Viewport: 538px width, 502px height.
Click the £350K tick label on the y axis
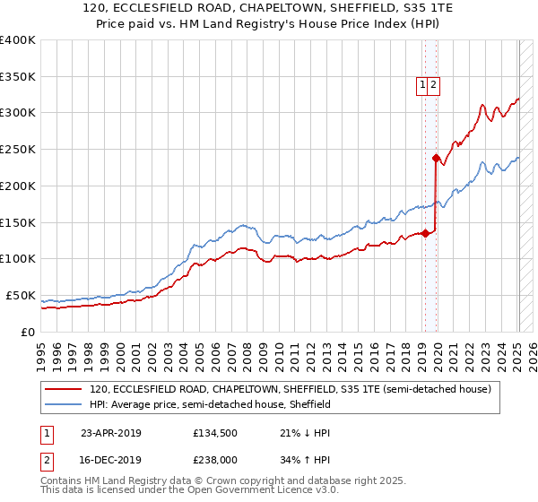tap(18, 77)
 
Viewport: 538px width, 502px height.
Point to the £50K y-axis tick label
tap(21, 295)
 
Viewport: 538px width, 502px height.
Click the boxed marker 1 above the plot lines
tap(421, 85)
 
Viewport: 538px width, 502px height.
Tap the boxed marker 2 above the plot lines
tap(433, 85)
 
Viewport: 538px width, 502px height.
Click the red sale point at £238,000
tap(436, 158)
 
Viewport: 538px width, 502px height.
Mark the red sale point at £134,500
tap(426, 233)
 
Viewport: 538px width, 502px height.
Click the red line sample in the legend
tap(63, 390)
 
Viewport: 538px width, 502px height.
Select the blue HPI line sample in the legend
tap(63, 405)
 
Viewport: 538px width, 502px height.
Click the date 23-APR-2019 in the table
tap(110, 433)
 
